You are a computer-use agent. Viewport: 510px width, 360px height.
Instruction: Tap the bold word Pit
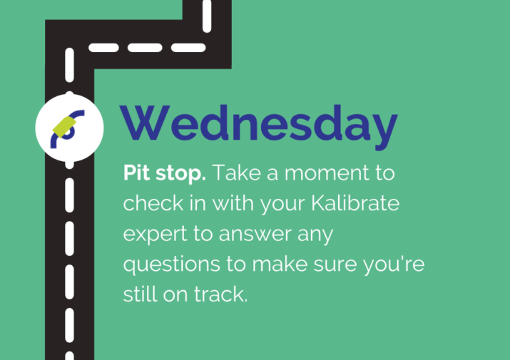click(137, 173)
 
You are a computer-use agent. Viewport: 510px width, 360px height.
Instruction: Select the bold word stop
click(180, 174)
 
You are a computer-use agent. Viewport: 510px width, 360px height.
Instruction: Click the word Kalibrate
click(355, 203)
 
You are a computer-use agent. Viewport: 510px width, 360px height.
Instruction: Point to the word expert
click(155, 235)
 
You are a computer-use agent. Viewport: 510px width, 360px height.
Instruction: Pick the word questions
click(171, 264)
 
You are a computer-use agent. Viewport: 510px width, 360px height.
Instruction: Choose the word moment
click(327, 173)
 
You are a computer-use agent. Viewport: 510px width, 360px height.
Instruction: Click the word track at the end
click(221, 294)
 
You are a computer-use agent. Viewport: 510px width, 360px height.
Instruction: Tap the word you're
click(394, 264)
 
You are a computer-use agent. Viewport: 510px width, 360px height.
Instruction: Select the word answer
click(255, 234)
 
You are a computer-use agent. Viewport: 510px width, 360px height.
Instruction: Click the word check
click(153, 203)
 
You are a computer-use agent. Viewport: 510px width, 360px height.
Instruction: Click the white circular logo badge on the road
click(69, 128)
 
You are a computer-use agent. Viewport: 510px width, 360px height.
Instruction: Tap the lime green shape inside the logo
click(64, 126)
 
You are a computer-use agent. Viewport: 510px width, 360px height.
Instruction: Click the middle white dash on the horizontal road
click(145, 48)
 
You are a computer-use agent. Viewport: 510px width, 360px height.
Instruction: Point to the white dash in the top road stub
click(207, 16)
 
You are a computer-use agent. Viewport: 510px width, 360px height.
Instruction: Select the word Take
click(237, 173)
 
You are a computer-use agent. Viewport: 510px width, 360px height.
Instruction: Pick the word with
click(233, 203)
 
